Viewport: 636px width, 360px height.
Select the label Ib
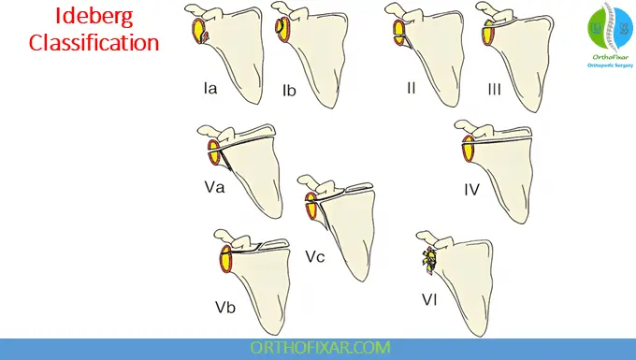[289, 91]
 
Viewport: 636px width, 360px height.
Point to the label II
[411, 88]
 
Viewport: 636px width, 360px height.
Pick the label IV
[471, 190]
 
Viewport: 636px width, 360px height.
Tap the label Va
[213, 188]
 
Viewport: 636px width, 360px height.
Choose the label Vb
[225, 306]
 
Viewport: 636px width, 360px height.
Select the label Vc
[314, 255]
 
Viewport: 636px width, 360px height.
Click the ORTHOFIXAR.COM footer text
[317, 347]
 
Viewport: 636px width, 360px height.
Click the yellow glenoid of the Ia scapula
[198, 34]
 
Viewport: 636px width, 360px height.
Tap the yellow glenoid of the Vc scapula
[311, 207]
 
